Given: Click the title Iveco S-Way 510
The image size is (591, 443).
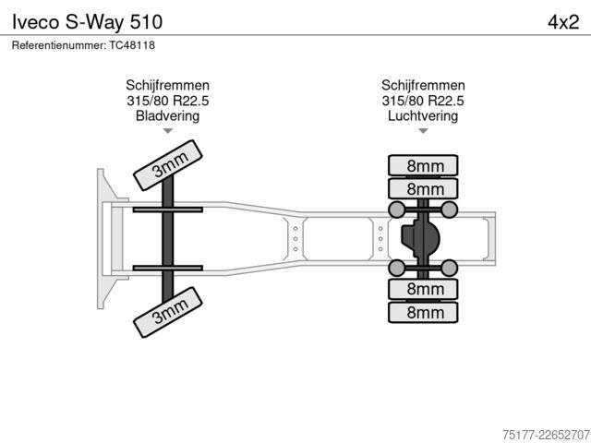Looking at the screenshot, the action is tap(87, 22).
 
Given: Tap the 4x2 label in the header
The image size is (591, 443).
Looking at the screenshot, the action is tap(563, 22).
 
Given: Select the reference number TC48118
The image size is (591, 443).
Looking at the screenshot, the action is tap(132, 45).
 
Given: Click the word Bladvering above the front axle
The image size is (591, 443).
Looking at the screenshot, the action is tap(167, 115).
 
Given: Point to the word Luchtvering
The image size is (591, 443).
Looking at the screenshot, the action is tap(423, 115).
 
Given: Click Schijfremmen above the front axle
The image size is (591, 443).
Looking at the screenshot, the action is tap(167, 85).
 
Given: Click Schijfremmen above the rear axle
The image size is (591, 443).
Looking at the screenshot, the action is tap(423, 85).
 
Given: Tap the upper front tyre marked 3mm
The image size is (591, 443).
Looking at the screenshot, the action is tap(168, 165).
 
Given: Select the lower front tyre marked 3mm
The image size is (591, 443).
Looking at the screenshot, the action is tap(168, 312).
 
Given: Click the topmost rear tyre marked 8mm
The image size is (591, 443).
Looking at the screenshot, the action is tap(423, 165).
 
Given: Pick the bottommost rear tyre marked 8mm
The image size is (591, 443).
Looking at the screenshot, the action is tap(423, 312).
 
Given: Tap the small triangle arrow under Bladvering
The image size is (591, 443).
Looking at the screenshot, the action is tap(168, 131).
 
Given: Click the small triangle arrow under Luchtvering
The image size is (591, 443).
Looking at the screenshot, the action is tap(423, 131).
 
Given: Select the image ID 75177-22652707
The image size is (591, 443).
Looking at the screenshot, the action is tap(546, 435).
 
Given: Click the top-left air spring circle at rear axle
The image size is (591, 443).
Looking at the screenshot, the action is tap(396, 210).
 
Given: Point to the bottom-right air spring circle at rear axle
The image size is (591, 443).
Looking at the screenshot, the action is tap(450, 268).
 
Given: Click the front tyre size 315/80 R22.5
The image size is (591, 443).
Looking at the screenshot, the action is tap(167, 101).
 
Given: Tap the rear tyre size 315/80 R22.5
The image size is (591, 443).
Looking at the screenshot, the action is tap(423, 101).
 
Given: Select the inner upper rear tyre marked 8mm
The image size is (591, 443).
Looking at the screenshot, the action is tap(423, 188).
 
